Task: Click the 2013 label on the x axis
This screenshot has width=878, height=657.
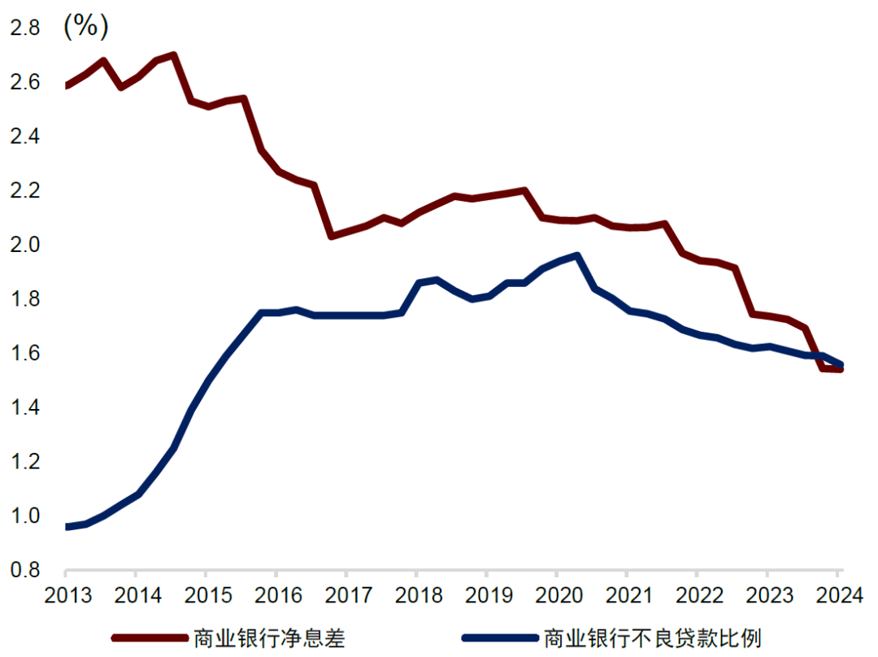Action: pos(66,596)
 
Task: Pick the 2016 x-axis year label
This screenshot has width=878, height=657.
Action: pos(276,596)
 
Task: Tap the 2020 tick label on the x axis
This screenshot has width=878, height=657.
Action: pos(557,596)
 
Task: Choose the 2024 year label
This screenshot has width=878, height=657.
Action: pos(838,596)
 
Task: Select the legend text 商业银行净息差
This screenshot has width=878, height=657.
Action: pos(269,638)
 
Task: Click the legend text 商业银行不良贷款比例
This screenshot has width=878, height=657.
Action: pos(653,638)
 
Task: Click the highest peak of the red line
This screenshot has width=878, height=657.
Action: pos(174,55)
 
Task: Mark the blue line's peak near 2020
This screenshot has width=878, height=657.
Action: pos(576,256)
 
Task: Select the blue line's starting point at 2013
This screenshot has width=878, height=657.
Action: pos(67,527)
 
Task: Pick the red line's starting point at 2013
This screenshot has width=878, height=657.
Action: pos(67,85)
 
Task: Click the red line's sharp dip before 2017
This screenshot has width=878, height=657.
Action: pos(331,236)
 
